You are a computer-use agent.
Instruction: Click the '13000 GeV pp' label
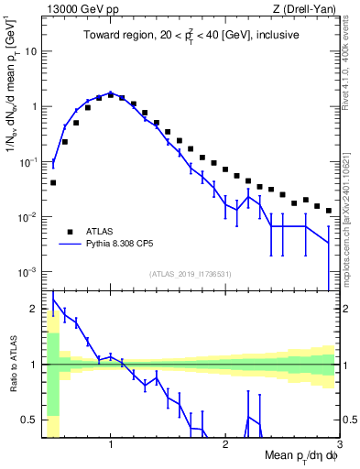pyautogui.click(x=77, y=10)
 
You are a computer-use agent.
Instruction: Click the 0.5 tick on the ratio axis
pyautogui.click(x=30, y=420)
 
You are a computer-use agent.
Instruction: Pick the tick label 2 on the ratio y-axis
pyautogui.click(x=35, y=309)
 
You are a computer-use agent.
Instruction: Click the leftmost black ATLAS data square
pyautogui.click(x=53, y=182)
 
